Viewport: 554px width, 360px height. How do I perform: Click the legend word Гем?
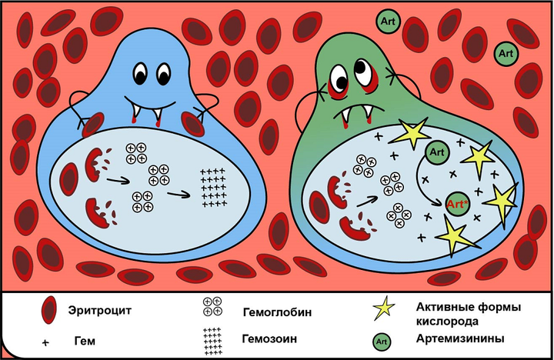click(x=86, y=339)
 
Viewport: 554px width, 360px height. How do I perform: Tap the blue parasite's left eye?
click(x=140, y=74)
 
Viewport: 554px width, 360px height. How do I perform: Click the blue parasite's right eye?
click(x=164, y=74)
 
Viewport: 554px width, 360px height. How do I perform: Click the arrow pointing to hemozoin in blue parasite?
click(x=179, y=192)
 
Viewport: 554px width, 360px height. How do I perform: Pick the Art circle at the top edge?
click(x=385, y=22)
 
